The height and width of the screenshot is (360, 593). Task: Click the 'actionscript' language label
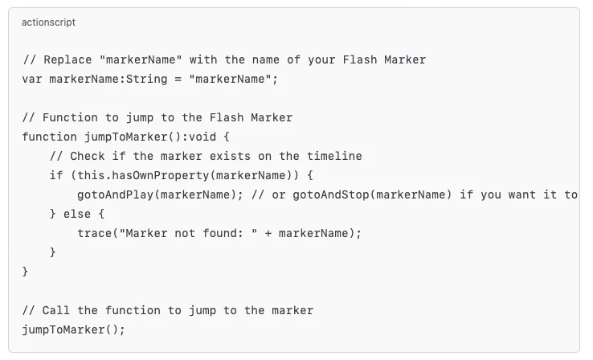[x=49, y=22]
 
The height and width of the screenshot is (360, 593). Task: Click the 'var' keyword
[x=32, y=80]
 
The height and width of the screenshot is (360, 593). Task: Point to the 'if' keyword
[x=56, y=175]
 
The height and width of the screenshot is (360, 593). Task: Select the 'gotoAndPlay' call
[x=114, y=194]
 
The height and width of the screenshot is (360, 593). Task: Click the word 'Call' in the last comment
[x=55, y=310]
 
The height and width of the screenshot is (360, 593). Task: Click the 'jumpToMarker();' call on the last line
[x=73, y=329]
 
